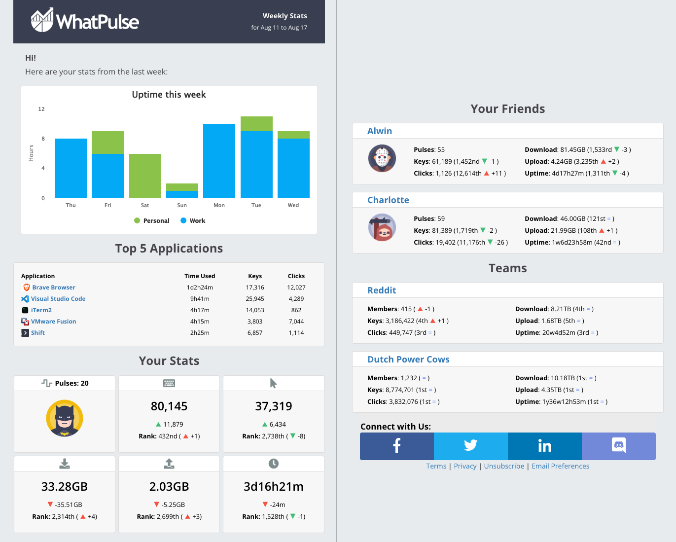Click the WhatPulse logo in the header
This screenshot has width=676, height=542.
click(x=85, y=21)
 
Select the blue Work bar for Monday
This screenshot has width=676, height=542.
click(x=219, y=161)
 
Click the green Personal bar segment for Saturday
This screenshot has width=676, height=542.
click(x=145, y=176)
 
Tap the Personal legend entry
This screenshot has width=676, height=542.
click(x=152, y=221)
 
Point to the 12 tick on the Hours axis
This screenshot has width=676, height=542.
click(x=41, y=109)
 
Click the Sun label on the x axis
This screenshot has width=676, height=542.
click(x=182, y=205)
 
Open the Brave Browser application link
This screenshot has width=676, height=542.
click(x=53, y=288)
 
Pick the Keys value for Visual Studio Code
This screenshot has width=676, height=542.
click(x=255, y=299)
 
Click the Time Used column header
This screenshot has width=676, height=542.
click(x=200, y=276)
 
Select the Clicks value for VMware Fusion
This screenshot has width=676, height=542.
click(x=296, y=322)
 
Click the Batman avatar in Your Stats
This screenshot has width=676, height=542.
click(x=65, y=419)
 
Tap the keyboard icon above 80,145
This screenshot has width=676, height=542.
click(x=169, y=383)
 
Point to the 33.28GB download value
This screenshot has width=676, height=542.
click(x=65, y=487)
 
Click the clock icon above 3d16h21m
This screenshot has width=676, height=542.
click(x=274, y=464)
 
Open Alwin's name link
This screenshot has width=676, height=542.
click(x=380, y=131)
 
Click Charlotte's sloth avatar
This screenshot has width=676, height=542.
click(x=382, y=227)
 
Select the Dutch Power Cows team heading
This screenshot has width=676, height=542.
click(x=408, y=360)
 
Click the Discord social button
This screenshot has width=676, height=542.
click(x=618, y=446)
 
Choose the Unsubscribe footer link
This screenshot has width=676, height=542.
click(x=504, y=466)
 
